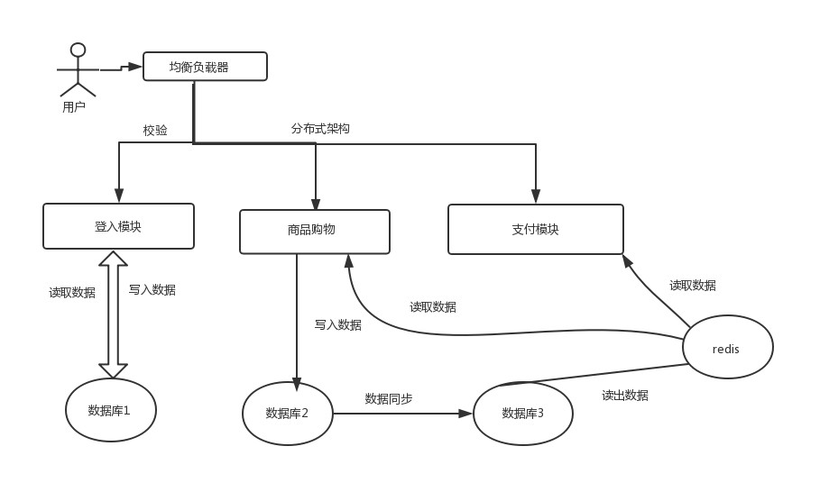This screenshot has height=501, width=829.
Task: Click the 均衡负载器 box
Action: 205,67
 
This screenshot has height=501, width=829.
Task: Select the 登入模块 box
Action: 118,226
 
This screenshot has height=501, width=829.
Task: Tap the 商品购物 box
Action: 314,232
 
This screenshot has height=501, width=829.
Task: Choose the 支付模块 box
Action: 535,229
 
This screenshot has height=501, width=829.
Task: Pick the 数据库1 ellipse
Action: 110,410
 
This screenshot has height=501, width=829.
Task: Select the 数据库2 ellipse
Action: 288,414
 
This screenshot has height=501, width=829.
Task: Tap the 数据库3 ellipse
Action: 523,414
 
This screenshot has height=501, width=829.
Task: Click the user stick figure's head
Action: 78,50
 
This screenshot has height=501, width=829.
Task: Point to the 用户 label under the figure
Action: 74,107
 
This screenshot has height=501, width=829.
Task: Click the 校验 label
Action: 155,131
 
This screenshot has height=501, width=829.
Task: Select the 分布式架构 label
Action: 320,129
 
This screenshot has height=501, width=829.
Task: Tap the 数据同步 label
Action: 389,398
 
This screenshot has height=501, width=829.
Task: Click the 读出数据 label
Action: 625,396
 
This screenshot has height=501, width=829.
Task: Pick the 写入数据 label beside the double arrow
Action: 152,290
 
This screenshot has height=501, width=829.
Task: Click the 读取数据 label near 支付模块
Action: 693,286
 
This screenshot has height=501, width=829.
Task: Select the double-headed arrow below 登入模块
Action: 114,314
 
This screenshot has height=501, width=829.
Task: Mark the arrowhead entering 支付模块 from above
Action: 536,196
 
